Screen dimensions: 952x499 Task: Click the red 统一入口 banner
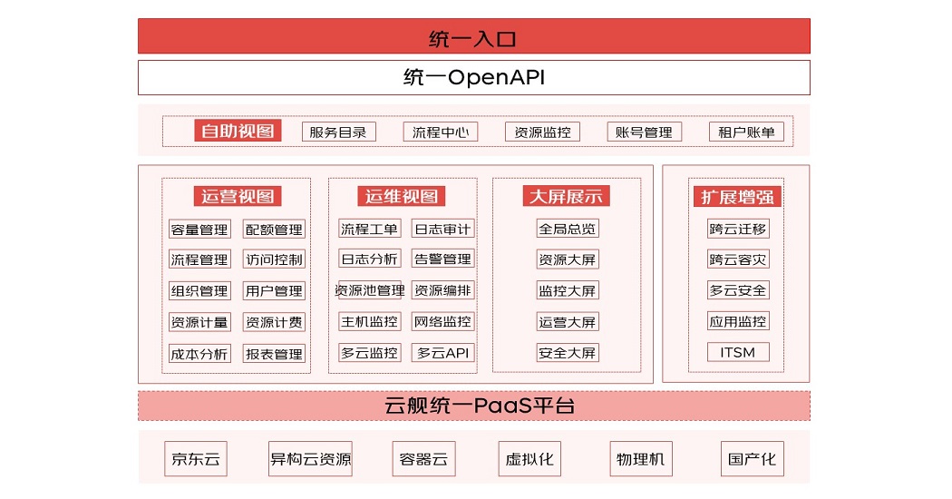coord(473,36)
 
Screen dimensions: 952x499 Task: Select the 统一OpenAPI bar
coord(473,77)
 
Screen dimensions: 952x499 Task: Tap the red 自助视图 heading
coord(238,131)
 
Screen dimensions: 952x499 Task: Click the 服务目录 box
coord(339,132)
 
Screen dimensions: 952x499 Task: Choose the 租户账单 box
coord(746,132)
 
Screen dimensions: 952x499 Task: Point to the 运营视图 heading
coord(238,196)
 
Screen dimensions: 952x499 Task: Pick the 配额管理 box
coord(274,230)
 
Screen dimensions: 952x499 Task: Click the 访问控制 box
coord(274,259)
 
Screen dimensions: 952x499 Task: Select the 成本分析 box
coord(199,354)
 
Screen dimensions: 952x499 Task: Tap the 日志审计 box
coord(442,230)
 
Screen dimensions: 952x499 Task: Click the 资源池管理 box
coord(370,290)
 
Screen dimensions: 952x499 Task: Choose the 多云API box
coord(442,353)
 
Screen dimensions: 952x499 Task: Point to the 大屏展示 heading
coord(566,196)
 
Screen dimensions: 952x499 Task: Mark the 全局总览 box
coord(568,230)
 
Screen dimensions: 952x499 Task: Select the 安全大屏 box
coord(568,353)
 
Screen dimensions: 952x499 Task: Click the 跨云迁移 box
coord(738,230)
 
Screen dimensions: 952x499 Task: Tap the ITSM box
coord(738,353)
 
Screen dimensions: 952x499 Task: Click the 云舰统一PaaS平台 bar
coord(473,406)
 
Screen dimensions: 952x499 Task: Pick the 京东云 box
coord(196,459)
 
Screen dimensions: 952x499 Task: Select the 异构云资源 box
coord(310,459)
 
